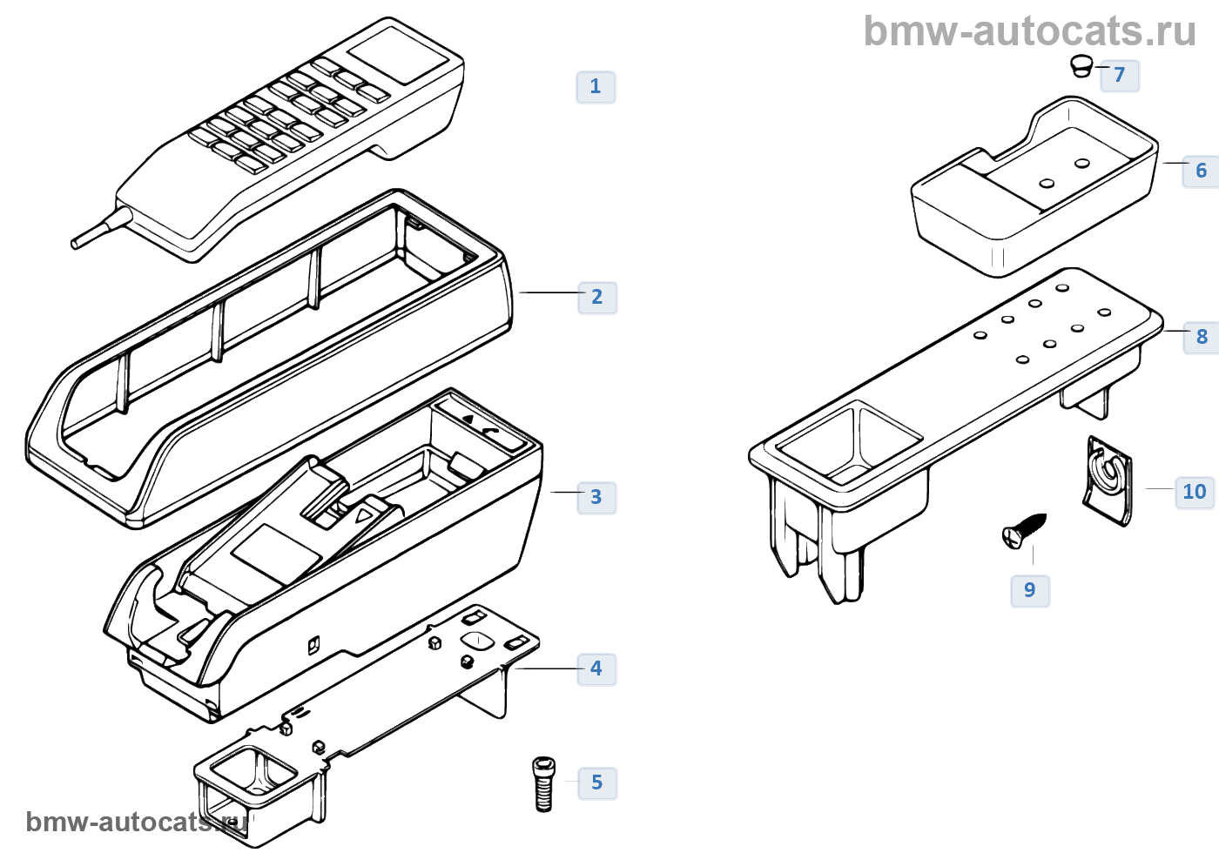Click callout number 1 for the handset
tap(596, 87)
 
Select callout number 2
tap(597, 298)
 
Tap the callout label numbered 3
tap(596, 498)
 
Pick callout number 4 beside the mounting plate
tap(596, 669)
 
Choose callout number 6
tap(1201, 171)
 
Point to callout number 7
tap(1120, 76)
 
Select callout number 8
tap(1202, 338)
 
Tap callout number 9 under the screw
tap(1030, 591)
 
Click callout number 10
tap(1194, 493)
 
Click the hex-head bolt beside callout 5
tap(543, 783)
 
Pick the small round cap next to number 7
tap(1081, 65)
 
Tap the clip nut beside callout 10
tap(1108, 480)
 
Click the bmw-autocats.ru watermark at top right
tap(1029, 31)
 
